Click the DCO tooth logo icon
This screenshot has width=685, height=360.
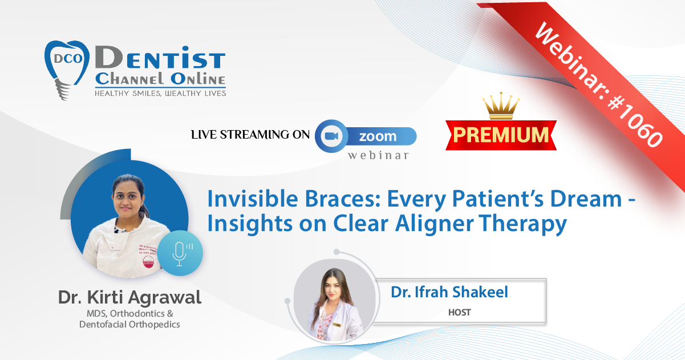[x=67, y=70]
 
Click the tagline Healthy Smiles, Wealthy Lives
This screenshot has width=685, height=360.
[x=160, y=94]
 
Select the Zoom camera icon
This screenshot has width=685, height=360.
[x=331, y=136]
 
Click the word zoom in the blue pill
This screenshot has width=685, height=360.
[x=378, y=136]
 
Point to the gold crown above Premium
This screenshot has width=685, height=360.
[x=501, y=106]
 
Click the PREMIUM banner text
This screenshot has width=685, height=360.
[x=501, y=135]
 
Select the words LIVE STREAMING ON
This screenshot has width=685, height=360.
[x=250, y=135]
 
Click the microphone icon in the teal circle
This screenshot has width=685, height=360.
[x=181, y=253]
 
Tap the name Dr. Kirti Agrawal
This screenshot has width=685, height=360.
[x=129, y=297]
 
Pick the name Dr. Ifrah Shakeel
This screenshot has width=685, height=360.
[x=449, y=292]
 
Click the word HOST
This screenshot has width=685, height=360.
[x=460, y=312]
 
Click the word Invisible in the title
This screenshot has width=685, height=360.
[x=253, y=199]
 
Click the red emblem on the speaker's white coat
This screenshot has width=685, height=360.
[x=149, y=262]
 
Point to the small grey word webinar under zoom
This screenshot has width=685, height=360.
[x=378, y=155]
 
